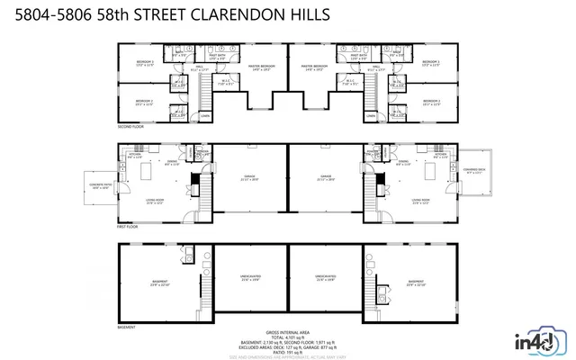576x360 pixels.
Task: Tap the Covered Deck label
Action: point(476,170)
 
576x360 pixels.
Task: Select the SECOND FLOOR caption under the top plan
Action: point(130,127)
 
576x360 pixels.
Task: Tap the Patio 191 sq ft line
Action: point(287,352)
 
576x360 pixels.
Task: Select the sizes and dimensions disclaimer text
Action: point(287,357)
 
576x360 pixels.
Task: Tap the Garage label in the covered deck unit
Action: point(326,177)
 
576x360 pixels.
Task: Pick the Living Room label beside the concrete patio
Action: point(155,201)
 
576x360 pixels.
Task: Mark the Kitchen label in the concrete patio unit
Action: point(135,155)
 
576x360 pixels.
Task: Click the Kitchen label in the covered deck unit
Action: point(440,155)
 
